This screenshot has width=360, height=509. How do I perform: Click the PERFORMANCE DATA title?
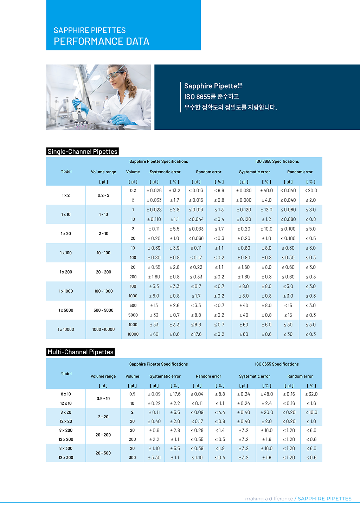coord(101,41)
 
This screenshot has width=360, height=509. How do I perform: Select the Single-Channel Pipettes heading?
coord(82,152)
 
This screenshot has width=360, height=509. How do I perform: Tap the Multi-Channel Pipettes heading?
coord(81,352)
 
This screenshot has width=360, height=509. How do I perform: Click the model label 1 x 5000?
coord(66,310)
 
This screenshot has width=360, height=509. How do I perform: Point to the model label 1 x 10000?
coord(66,329)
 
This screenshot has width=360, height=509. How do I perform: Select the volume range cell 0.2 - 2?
coord(103,195)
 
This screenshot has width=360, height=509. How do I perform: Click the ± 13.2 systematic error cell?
coord(174,191)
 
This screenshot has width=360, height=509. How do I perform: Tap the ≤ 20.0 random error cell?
coord(311,191)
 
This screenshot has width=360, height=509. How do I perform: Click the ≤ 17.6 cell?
coord(196,334)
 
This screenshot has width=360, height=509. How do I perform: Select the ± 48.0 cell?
coord(266,394)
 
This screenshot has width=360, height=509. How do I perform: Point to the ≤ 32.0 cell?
coord(311,394)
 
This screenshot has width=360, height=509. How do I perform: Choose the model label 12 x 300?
coord(66,458)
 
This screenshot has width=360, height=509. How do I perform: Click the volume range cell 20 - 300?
coord(103,453)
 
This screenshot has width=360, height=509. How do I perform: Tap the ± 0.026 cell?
coord(154,191)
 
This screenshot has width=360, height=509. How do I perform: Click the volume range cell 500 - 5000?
coord(103,310)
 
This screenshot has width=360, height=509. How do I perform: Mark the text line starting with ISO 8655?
coord(212,97)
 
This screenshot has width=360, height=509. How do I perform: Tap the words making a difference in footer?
coord(269,498)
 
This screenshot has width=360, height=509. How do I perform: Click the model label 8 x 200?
coord(66,431)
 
